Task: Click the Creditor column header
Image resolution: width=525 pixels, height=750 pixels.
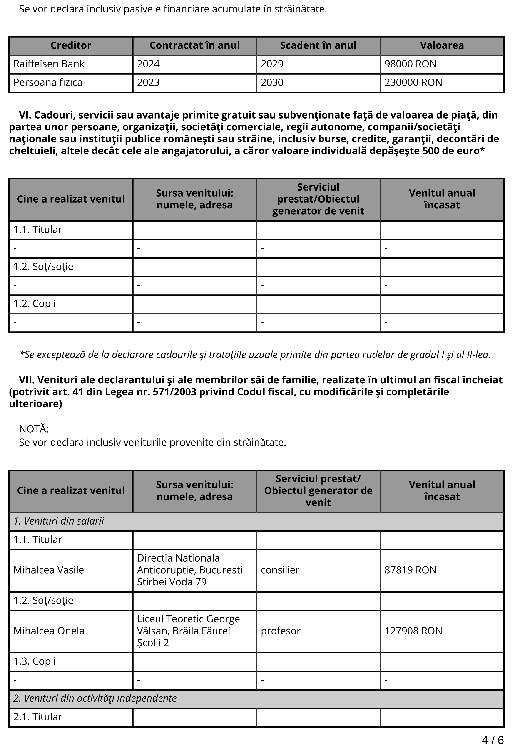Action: click(71, 45)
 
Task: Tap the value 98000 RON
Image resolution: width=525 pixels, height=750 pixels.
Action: click(410, 64)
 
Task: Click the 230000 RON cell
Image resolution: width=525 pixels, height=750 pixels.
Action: click(413, 83)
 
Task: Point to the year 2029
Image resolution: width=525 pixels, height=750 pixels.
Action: click(272, 64)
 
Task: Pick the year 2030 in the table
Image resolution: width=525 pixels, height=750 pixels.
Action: click(272, 83)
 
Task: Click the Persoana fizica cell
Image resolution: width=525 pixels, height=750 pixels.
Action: click(48, 83)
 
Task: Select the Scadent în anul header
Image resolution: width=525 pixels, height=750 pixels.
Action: click(318, 45)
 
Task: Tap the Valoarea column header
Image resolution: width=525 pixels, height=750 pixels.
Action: click(442, 45)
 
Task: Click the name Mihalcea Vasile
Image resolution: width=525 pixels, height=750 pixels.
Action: click(49, 570)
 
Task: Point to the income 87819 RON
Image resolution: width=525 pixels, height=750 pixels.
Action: click(410, 570)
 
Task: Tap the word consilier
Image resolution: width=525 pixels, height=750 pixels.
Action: click(280, 570)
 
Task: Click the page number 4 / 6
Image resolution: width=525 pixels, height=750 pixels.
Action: click(493, 740)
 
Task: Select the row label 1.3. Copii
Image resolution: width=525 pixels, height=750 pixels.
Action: click(35, 661)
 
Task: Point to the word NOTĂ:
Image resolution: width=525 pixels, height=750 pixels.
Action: click(34, 429)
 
